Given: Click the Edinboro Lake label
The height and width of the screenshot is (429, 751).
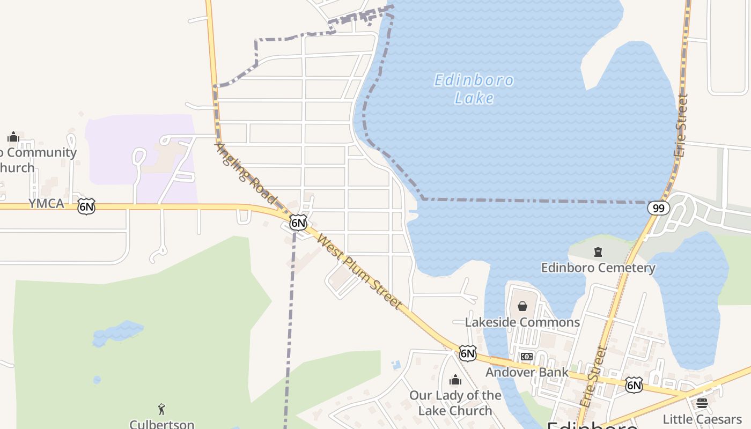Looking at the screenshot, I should coord(474,89).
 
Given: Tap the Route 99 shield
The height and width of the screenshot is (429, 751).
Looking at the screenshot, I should coord(658,208).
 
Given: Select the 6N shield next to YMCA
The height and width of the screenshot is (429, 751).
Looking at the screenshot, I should coord(86,206).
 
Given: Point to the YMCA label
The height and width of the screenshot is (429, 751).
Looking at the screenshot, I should coord(46,204).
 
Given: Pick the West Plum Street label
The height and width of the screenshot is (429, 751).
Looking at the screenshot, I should coord(360,271).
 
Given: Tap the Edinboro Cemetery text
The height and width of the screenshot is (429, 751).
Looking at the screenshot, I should coord(598,268).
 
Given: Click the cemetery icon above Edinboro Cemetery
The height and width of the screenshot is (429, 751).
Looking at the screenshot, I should coord(598,252).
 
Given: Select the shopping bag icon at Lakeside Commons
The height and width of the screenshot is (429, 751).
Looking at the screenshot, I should coord(522,306).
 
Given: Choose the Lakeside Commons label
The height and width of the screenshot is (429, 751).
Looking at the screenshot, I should coord(522,322).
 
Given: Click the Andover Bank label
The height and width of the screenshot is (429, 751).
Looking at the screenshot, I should coord(527,372).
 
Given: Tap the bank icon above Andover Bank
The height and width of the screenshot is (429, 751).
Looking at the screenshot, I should coord(527,357).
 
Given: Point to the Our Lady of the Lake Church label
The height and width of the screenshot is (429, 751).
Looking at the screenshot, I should coord(455,403).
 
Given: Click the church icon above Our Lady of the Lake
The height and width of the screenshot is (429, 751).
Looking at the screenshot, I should coord(455,380).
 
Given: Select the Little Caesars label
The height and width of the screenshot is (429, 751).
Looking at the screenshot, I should coord(702,419).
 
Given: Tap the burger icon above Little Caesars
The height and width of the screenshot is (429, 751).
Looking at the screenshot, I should coord(702,403).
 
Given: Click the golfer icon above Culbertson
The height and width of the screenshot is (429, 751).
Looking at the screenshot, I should coord(161,409).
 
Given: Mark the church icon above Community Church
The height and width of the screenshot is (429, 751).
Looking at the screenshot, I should coord(13,137).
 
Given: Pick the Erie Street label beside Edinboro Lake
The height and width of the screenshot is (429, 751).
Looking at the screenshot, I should coord(681,125).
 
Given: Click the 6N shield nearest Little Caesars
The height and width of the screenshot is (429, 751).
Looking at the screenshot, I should coord(634,384).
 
